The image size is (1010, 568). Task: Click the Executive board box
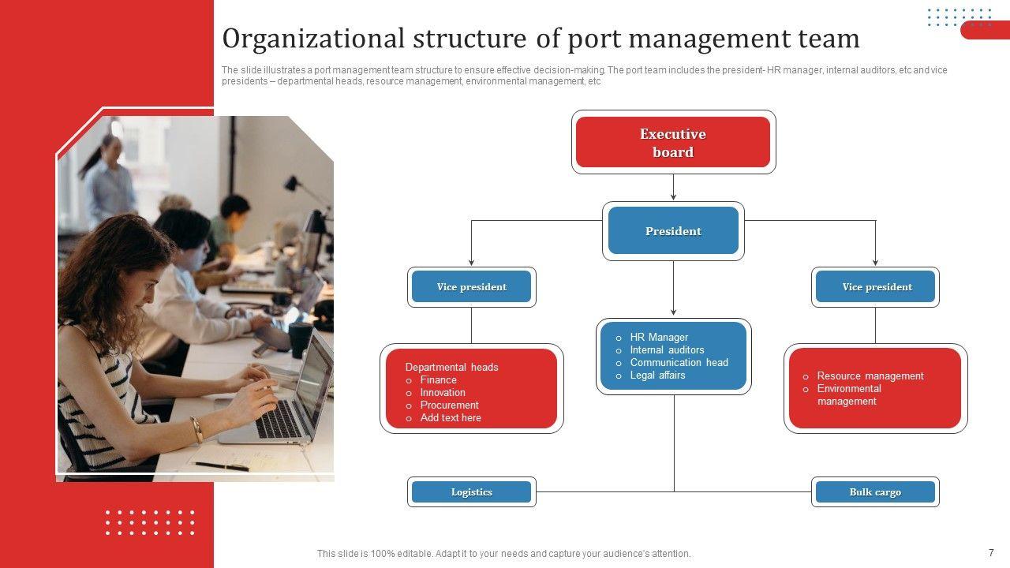pos(673,143)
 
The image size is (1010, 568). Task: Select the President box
pos(673,231)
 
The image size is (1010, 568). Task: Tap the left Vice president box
pos(472,287)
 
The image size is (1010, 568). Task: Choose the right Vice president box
pos(876,287)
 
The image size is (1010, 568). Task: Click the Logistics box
pos(472,492)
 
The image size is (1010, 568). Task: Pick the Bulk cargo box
pos(875,492)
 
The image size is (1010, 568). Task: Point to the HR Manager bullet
pos(659,338)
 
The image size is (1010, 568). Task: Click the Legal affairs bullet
pos(657,376)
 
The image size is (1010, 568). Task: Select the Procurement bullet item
pos(449,405)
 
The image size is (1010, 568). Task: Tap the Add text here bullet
pos(451,418)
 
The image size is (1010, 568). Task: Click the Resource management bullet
pos(870,376)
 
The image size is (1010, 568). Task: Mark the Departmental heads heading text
pos(451,368)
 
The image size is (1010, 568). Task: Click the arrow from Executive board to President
pos(673,188)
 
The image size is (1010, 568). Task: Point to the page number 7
pos(991,553)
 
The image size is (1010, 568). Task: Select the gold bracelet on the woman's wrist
pos(196,429)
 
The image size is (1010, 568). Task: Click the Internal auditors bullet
pos(667,350)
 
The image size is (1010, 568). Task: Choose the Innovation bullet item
pos(443,393)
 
